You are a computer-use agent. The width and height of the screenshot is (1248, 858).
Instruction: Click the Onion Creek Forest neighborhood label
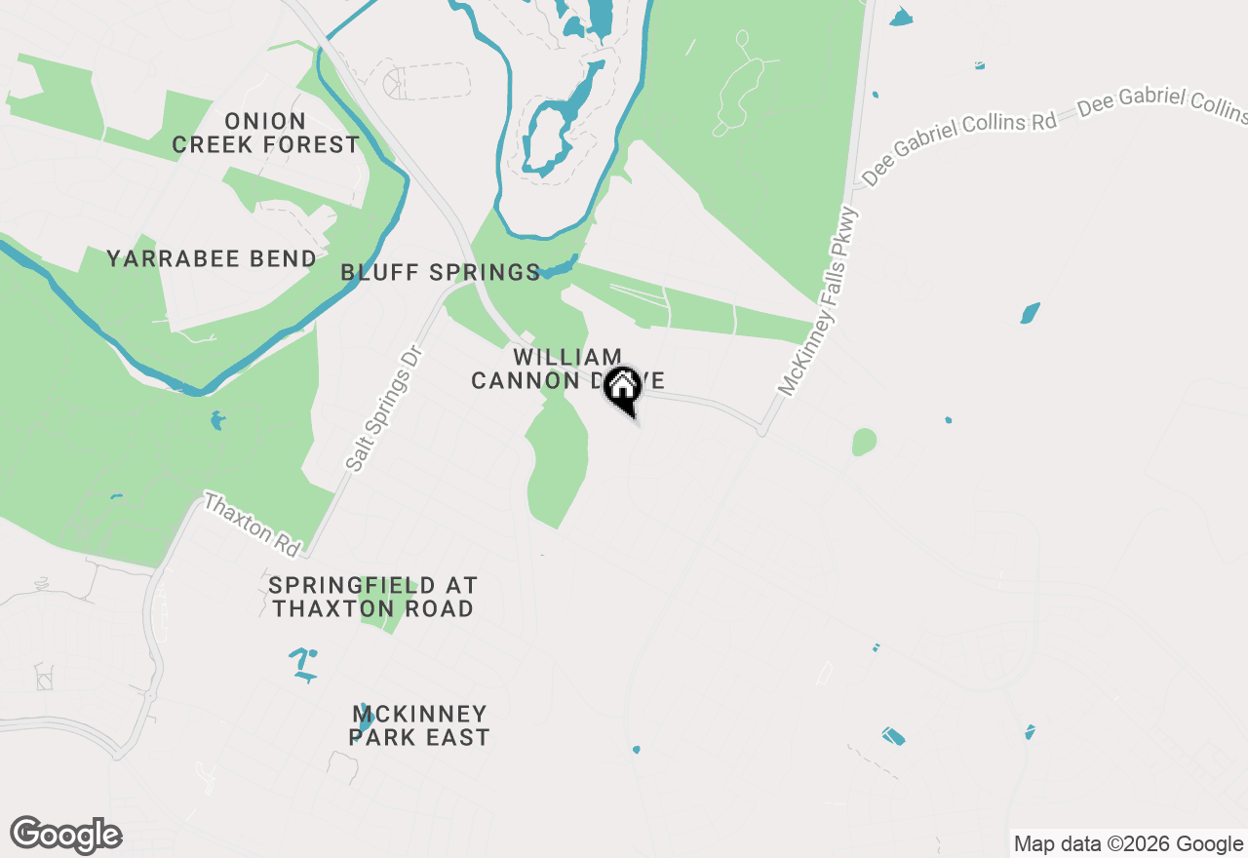tap(266, 134)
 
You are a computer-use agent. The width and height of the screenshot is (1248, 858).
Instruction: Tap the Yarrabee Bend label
tap(212, 259)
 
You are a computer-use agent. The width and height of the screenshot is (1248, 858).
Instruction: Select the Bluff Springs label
tap(440, 273)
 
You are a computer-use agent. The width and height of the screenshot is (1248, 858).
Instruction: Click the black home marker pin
tap(622, 388)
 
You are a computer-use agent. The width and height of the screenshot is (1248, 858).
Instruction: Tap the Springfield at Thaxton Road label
tap(372, 597)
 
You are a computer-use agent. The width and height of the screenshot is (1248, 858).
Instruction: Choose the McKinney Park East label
tap(419, 726)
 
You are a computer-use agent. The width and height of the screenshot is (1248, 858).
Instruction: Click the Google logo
tap(66, 835)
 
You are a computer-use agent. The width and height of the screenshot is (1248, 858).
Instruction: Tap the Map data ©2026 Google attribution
tap(1128, 844)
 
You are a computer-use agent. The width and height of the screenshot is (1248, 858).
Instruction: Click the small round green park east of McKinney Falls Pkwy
tap(864, 442)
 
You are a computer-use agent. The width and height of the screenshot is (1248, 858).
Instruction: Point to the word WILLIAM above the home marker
tap(567, 358)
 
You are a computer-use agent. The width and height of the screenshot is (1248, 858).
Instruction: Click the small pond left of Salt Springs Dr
tap(216, 421)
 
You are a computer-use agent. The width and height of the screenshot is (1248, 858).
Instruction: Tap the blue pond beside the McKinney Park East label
tap(365, 720)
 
